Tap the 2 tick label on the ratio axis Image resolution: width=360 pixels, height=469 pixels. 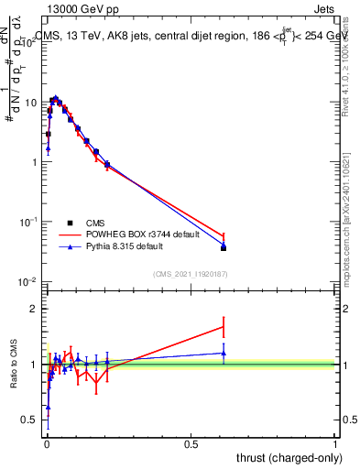pyautogui.click(x=34, y=309)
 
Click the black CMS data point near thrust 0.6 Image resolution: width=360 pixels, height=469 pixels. pyautogui.click(x=224, y=248)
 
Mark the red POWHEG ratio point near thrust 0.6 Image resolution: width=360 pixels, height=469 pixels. pyautogui.click(x=224, y=326)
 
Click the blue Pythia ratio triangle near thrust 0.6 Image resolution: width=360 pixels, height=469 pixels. pyautogui.click(x=224, y=353)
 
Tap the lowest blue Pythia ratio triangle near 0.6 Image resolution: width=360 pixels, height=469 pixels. pyautogui.click(x=48, y=407)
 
